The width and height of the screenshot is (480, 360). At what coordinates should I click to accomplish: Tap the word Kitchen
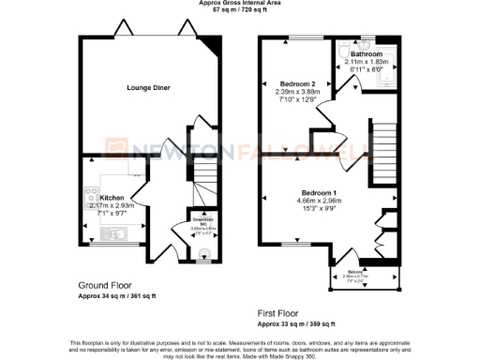[112, 198]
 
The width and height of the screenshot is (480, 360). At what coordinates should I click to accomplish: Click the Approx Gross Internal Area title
[239, 3]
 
